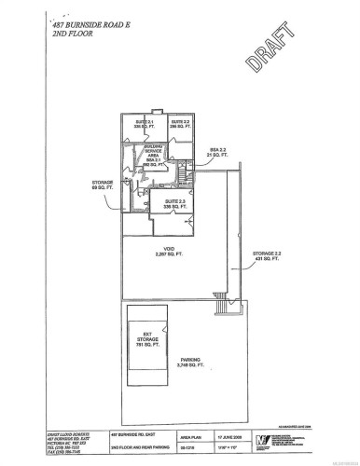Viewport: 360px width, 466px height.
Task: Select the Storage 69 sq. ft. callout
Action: click(x=101, y=185)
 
